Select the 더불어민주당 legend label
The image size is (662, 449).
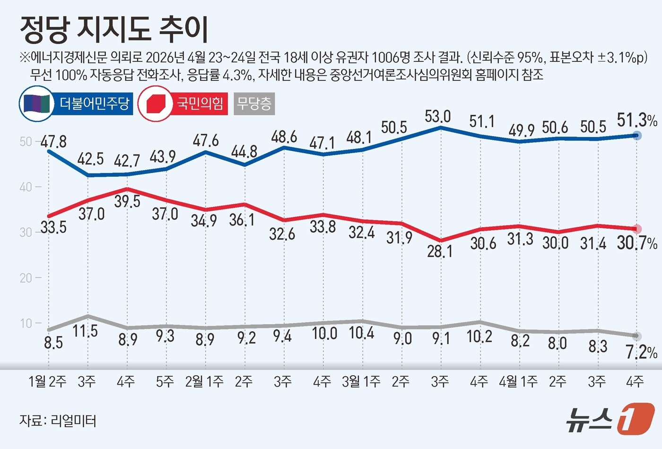(x=94, y=103)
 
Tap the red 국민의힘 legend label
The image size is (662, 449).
(x=200, y=103)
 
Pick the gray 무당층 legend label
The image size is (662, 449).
(x=254, y=104)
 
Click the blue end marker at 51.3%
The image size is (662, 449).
(x=637, y=136)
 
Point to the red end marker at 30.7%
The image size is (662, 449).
(x=637, y=229)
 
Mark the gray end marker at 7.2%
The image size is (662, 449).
(x=637, y=336)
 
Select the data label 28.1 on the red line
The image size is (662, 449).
(x=440, y=251)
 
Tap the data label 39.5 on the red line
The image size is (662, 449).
(x=128, y=201)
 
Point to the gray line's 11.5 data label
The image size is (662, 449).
(x=86, y=331)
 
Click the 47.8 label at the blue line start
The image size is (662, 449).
(x=53, y=141)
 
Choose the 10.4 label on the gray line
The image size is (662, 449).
(x=361, y=333)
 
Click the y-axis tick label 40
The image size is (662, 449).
(x=26, y=187)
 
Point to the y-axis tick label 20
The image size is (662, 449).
(x=26, y=278)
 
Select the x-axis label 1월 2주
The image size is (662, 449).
(x=48, y=381)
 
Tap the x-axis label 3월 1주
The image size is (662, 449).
(x=361, y=381)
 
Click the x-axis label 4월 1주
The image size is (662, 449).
(x=518, y=381)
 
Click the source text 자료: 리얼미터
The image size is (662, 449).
(x=58, y=420)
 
